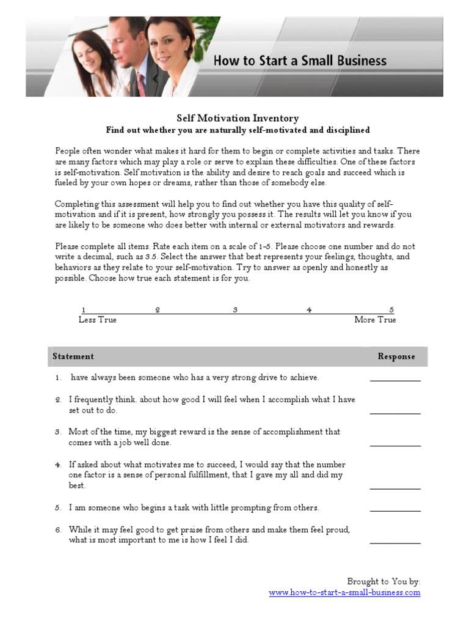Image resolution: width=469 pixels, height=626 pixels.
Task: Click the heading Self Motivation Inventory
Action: [238, 118]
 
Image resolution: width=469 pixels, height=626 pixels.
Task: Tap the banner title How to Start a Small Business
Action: [299, 61]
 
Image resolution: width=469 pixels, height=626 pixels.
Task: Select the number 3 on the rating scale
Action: [235, 310]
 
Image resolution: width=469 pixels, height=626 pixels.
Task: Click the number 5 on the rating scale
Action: [391, 310]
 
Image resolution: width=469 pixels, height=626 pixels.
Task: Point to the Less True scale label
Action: [98, 320]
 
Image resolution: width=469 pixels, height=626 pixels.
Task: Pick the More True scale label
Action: [375, 320]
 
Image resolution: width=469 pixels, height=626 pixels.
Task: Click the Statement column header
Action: [73, 356]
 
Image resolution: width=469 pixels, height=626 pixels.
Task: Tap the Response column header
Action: [396, 356]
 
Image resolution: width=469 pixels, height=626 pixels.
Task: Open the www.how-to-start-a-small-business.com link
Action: [344, 592]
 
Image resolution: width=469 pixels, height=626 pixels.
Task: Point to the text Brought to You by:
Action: [384, 581]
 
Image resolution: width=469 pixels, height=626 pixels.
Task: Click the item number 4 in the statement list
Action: [58, 465]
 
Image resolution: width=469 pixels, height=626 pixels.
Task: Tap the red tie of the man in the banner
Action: [141, 84]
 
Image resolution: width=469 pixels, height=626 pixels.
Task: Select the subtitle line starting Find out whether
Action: [238, 130]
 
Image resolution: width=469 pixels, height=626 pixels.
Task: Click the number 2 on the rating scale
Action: [158, 310]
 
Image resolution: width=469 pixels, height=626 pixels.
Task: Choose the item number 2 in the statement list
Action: [58, 400]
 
